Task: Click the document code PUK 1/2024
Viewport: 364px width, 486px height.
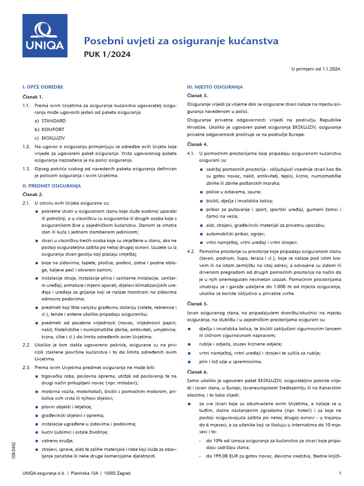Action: coord(107,54)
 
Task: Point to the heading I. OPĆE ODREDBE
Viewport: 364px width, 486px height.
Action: coord(43,87)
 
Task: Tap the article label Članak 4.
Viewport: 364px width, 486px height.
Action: coord(198,144)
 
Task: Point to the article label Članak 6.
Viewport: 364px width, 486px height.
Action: coord(198,372)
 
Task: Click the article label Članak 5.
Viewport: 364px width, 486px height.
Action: coord(198,303)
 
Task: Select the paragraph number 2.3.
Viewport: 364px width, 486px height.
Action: coord(27,368)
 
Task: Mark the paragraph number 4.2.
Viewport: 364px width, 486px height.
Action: coord(191,251)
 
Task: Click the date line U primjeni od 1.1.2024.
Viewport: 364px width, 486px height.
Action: coord(316,69)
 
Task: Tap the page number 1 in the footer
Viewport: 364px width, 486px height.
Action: coord(340,474)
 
